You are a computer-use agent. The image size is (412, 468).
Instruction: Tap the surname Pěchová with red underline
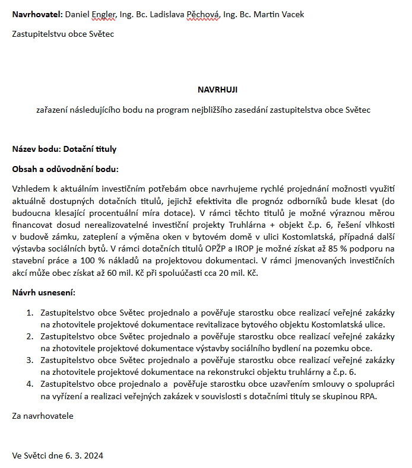pos(203,14)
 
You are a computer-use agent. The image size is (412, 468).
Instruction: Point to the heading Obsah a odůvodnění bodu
pos(65,168)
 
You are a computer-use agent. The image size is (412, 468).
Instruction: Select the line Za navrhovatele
pos(43,416)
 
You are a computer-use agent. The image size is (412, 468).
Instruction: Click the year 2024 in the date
pos(93,456)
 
